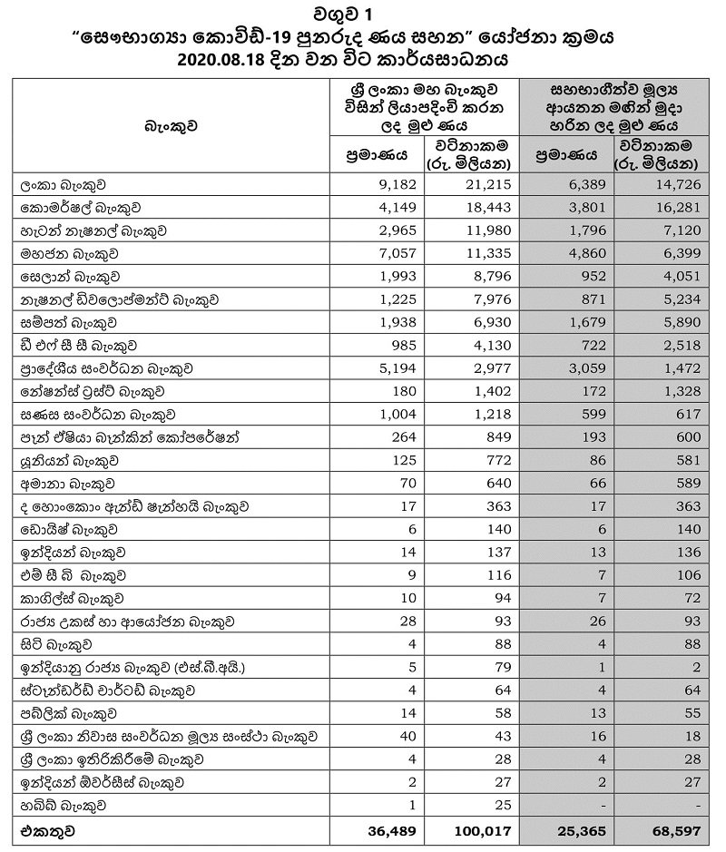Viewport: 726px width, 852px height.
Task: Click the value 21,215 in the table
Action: (x=491, y=184)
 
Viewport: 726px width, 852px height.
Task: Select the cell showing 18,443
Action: (x=491, y=207)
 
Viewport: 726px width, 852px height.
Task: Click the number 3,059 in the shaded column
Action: (x=587, y=368)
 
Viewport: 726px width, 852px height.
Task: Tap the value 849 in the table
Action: (x=501, y=437)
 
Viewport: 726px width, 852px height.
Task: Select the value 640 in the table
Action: (x=501, y=484)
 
